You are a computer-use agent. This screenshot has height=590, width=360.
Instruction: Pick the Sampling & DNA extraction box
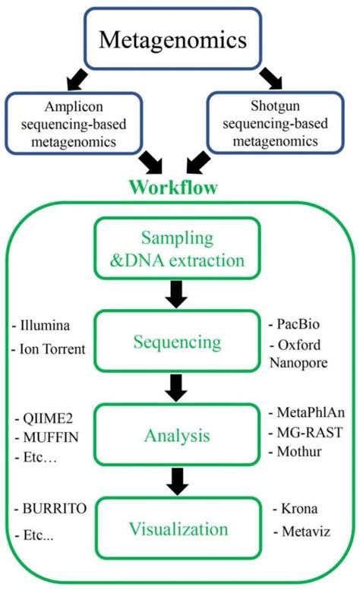(177, 249)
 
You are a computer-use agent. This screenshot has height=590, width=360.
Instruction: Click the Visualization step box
(177, 528)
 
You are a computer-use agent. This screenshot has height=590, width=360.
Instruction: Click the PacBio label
(299, 323)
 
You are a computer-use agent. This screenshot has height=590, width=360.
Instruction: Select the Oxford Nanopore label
(302, 354)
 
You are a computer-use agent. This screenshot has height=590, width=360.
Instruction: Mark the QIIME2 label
(43, 418)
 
